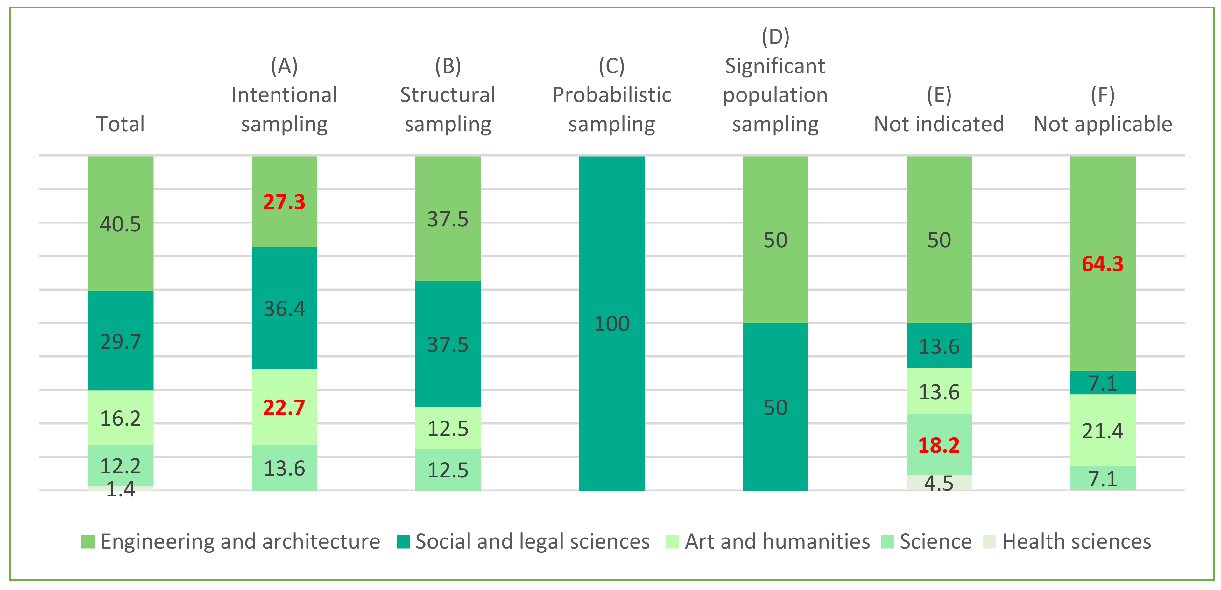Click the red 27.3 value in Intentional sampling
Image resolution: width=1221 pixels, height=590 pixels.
point(284,202)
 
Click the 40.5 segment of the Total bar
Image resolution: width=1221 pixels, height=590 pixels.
point(120,224)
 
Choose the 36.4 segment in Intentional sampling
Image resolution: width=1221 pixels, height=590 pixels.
point(284,309)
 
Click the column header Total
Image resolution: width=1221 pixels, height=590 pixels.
point(120,124)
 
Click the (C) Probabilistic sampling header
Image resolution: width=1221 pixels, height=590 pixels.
point(611,95)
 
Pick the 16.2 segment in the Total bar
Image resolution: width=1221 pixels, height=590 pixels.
point(120,418)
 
